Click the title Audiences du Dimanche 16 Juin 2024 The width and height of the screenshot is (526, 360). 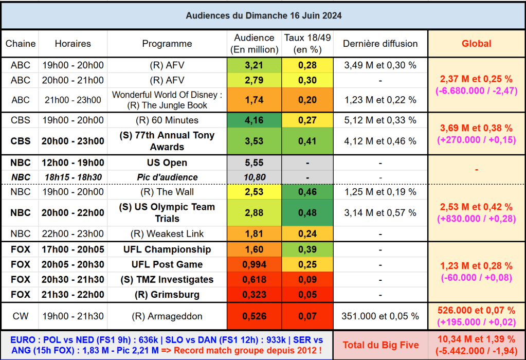click(x=263, y=15)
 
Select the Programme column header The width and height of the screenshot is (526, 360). click(x=167, y=44)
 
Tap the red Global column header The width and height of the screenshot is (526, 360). click(x=476, y=44)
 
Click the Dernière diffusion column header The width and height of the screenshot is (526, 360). click(x=380, y=44)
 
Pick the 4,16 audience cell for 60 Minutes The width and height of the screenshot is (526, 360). click(x=254, y=120)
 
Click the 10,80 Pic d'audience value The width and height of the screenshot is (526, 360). click(x=254, y=177)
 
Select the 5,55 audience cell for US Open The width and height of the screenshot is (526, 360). click(x=254, y=163)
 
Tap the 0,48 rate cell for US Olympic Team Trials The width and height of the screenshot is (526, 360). click(x=307, y=212)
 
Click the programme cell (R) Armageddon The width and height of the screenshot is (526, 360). click(x=167, y=316)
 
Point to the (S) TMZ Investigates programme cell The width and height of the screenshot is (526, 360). click(x=167, y=280)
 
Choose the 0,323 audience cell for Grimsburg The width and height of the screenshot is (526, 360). click(x=254, y=295)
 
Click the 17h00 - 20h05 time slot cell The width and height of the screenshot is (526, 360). click(x=72, y=249)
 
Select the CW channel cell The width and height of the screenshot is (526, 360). click(x=21, y=316)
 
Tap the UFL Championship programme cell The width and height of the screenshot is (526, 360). click(x=167, y=249)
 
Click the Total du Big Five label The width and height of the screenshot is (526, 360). click(x=380, y=345)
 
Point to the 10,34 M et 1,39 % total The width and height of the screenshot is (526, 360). click(x=476, y=339)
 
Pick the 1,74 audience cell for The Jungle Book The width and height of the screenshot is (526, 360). click(x=254, y=100)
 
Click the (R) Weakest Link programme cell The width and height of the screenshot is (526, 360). click(x=167, y=234)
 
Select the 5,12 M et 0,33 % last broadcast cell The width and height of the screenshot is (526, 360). click(x=380, y=120)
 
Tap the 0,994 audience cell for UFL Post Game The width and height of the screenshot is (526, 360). click(x=254, y=264)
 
